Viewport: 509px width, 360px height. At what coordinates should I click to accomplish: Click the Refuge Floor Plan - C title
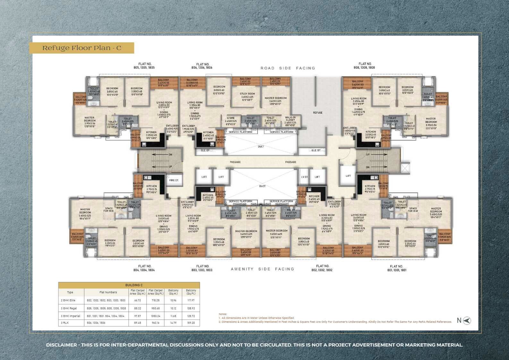pyautogui.click(x=82, y=48)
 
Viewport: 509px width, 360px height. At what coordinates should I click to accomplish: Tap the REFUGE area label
pyautogui.click(x=318, y=113)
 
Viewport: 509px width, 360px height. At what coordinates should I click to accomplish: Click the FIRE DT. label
pyautogui.click(x=174, y=180)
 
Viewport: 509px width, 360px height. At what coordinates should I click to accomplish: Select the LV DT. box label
pyautogui.click(x=304, y=177)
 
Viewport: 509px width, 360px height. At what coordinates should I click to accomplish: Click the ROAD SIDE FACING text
pyautogui.click(x=288, y=68)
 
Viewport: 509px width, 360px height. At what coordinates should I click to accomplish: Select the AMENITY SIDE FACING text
pyautogui.click(x=262, y=269)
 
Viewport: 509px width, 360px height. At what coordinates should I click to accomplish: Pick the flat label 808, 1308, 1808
pyautogui.click(x=365, y=66)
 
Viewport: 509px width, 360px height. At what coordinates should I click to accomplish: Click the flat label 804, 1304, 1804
pyautogui.click(x=145, y=268)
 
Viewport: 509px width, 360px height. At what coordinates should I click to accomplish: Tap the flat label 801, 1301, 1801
pyautogui.click(x=396, y=268)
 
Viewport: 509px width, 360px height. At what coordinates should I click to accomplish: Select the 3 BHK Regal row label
pyautogui.click(x=69, y=308)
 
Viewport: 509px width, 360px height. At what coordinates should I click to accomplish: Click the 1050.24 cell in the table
pyautogui.click(x=156, y=316)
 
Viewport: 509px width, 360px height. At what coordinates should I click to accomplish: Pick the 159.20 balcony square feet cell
pyautogui.click(x=191, y=323)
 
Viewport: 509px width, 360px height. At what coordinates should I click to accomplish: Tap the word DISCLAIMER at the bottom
pyautogui.click(x=62, y=345)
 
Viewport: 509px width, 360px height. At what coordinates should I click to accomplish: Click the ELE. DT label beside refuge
pyautogui.click(x=316, y=150)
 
